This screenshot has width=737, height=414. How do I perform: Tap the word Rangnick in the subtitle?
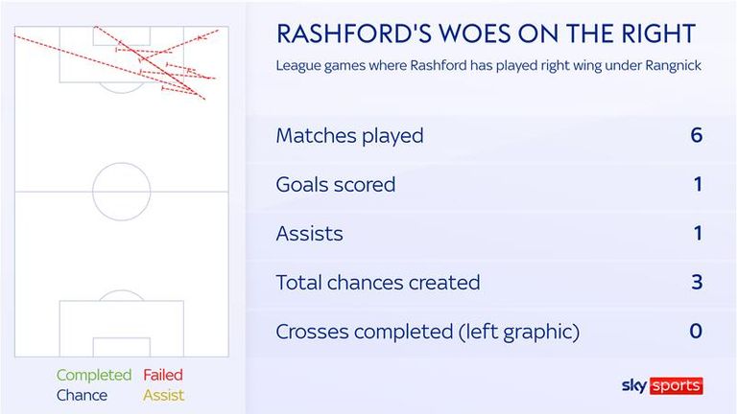[674, 65]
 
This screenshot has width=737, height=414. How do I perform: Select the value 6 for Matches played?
[696, 135]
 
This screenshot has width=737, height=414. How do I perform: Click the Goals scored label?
[336, 184]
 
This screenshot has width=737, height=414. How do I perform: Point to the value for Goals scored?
[698, 184]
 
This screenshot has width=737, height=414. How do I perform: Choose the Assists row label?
[309, 233]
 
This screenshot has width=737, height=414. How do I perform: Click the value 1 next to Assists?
[698, 233]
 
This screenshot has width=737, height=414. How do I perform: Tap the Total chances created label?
[378, 283]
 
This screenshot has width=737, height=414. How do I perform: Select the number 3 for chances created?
[697, 282]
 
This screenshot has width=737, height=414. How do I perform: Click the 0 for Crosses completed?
[696, 331]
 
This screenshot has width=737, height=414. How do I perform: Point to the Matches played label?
[349, 136]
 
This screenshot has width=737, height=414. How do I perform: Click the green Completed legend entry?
[94, 375]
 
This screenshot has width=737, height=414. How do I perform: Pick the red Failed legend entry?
[163, 375]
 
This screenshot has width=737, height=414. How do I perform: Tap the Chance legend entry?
[82, 395]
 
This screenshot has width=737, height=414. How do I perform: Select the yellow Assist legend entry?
[163, 395]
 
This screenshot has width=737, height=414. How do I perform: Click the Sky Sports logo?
[662, 386]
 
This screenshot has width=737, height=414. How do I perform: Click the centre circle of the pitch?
[121, 163]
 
